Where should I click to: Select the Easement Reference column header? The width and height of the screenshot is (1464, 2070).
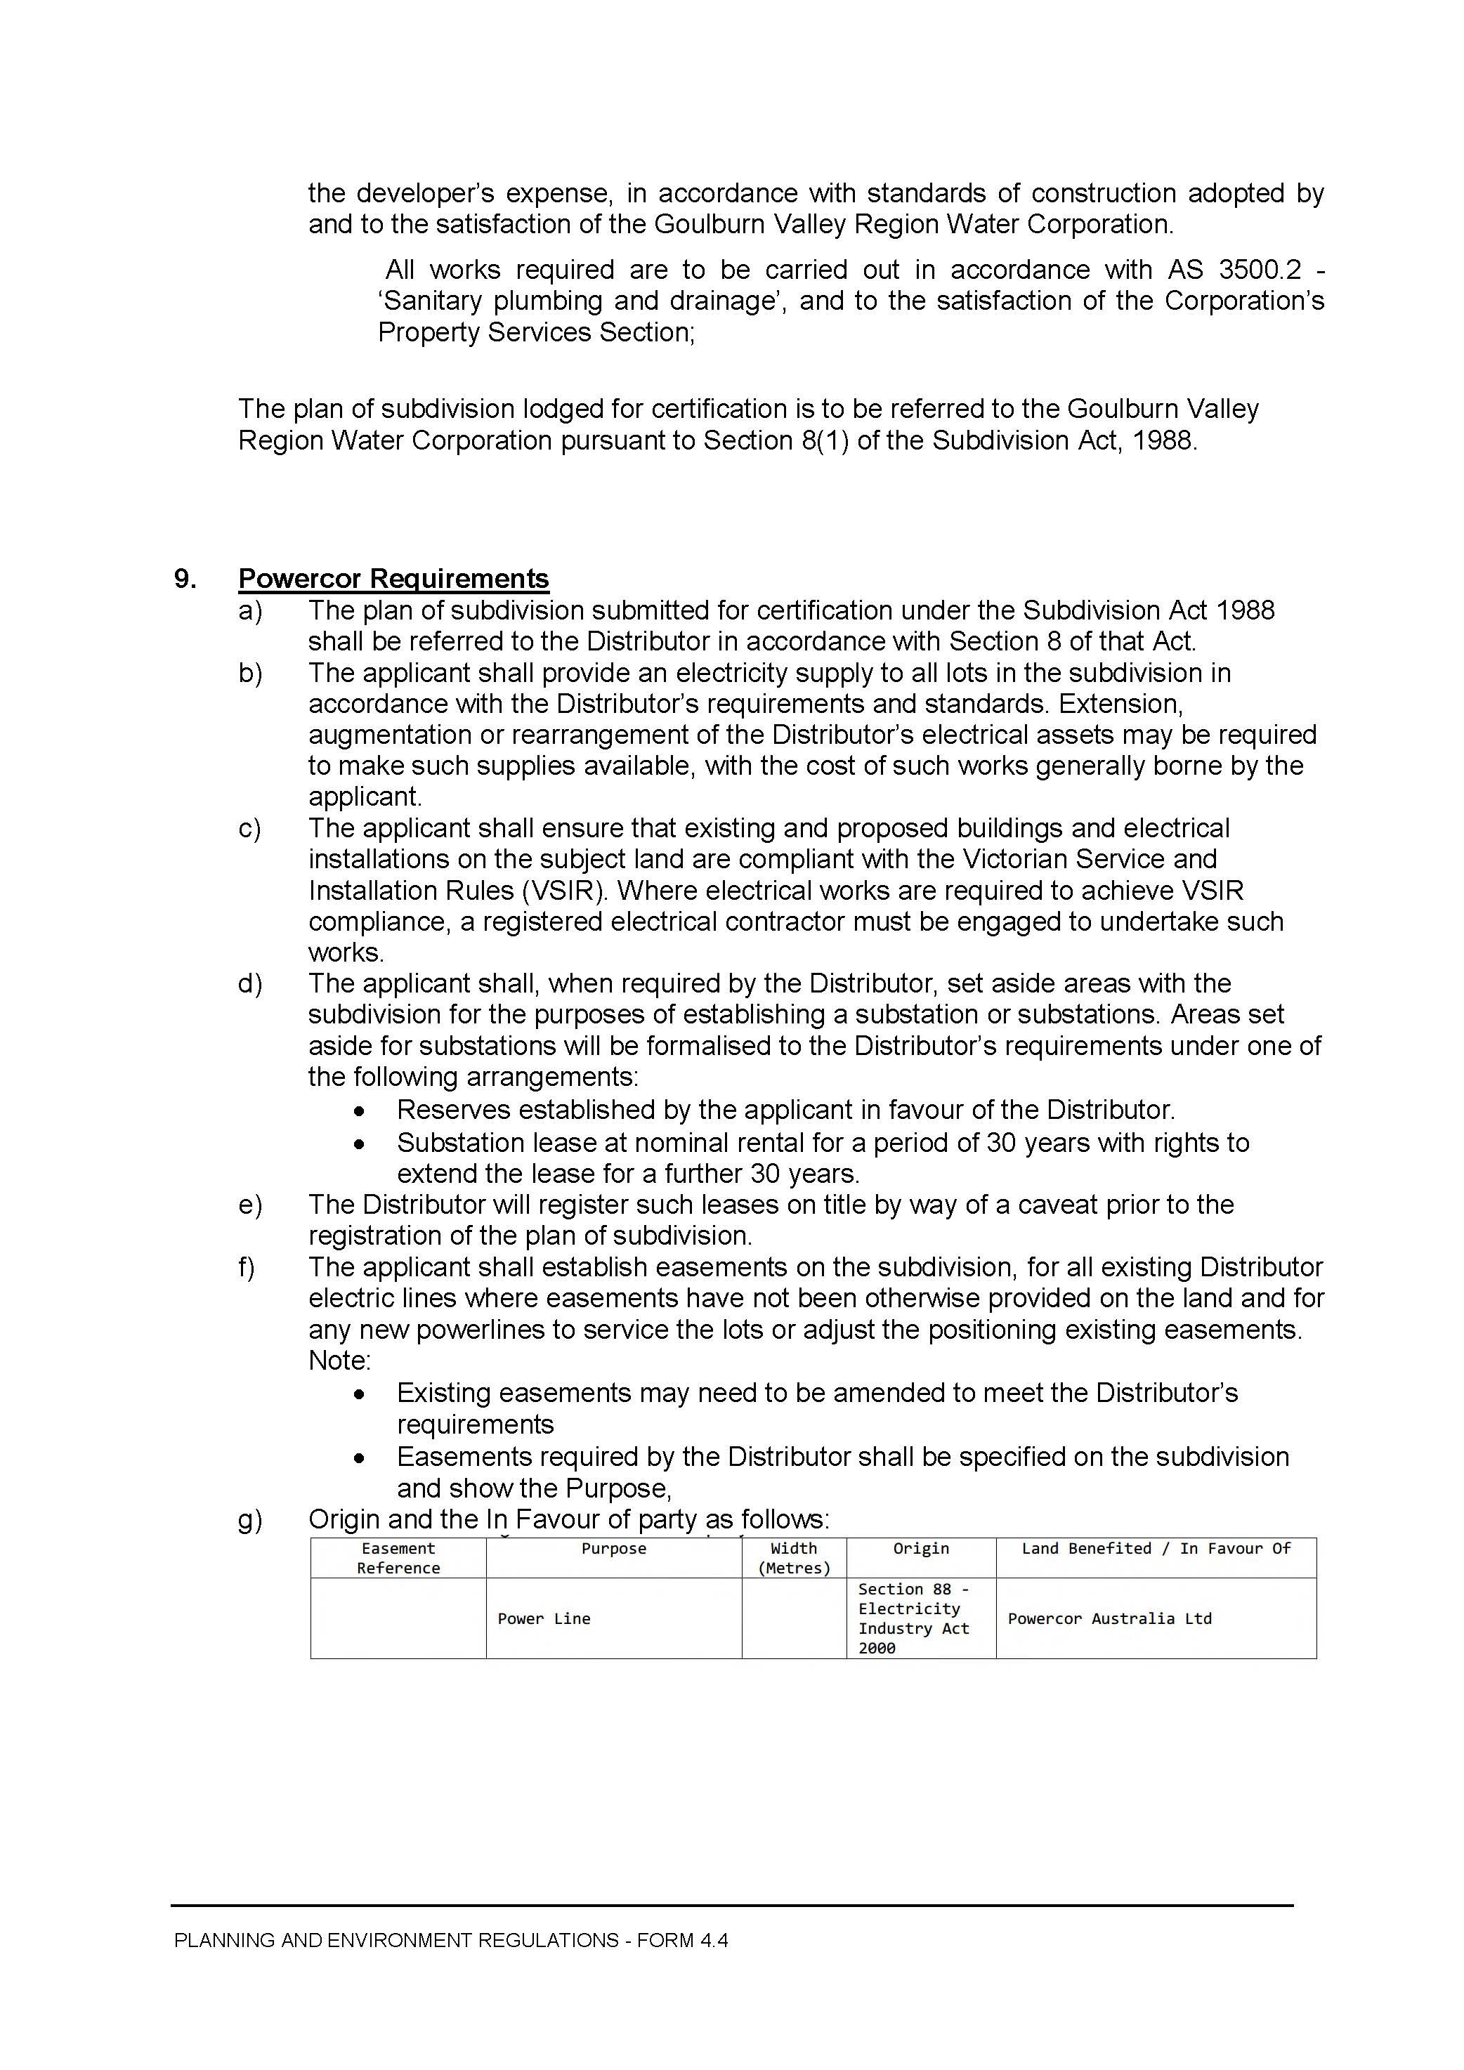pos(398,1558)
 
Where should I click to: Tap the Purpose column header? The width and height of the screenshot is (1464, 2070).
pos(613,1549)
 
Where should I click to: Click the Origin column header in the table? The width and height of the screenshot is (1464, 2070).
pos(920,1549)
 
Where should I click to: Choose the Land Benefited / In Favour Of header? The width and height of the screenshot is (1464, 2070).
pos(1156,1549)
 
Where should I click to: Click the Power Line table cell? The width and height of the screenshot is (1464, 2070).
pos(544,1619)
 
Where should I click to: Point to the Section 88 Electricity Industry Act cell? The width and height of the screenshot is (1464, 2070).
pos(913,1618)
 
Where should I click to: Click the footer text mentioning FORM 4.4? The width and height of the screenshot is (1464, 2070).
pos(451,1940)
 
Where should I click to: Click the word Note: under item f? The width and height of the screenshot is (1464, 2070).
pos(339,1361)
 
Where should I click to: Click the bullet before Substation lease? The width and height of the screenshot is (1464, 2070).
pos(360,1144)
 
